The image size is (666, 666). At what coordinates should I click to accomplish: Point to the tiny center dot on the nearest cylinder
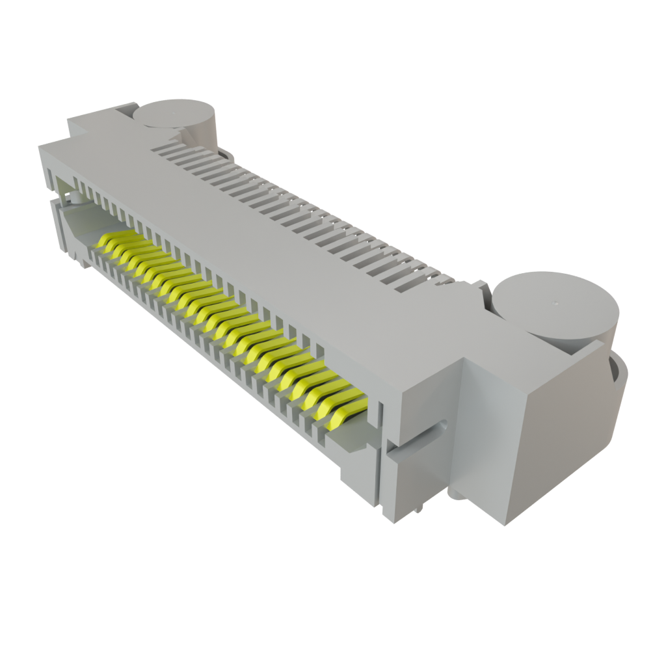556,302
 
